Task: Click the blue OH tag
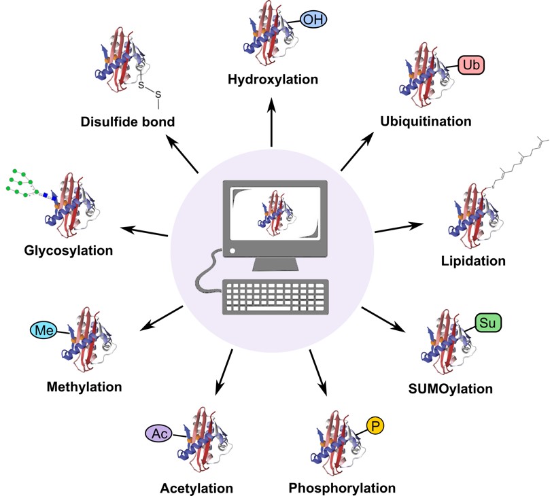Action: click(x=311, y=20)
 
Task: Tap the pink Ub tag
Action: click(x=471, y=66)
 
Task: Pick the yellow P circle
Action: click(x=375, y=426)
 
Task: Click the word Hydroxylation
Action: click(x=273, y=80)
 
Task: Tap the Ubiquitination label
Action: click(x=426, y=122)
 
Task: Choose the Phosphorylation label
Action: click(x=342, y=488)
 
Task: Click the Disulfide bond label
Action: click(x=128, y=122)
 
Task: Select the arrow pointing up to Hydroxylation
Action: click(x=272, y=122)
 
